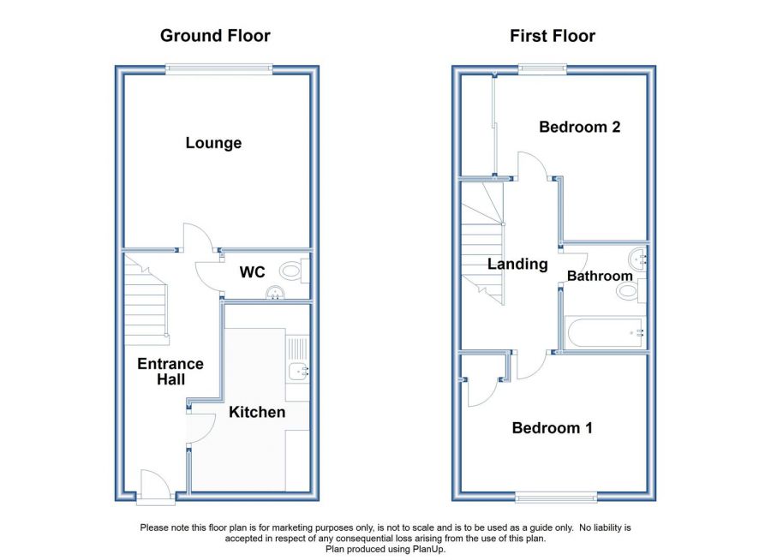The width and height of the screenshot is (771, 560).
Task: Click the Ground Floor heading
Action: point(215,36)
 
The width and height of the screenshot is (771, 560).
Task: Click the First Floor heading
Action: point(553,36)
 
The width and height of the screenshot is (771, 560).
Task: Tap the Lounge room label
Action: point(213,143)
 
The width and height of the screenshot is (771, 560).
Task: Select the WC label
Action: point(252,272)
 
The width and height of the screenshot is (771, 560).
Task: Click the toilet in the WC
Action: point(294,271)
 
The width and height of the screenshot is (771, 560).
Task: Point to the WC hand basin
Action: point(276,293)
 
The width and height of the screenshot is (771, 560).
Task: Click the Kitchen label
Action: point(257,412)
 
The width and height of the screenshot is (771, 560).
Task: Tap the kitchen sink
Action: point(298,372)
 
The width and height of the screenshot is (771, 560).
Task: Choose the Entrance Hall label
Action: point(170,372)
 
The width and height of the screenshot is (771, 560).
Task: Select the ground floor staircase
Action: point(146,300)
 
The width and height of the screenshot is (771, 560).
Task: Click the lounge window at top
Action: point(218,69)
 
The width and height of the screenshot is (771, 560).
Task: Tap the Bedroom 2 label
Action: point(580,127)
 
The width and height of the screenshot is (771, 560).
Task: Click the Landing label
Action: point(517,264)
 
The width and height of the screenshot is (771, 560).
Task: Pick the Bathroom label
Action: point(600,276)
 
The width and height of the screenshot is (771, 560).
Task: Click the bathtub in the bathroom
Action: point(605,332)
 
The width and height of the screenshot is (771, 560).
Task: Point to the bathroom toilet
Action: point(631,290)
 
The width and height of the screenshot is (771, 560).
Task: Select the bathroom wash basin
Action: point(637,259)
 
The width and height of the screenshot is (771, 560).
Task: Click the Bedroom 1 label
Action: point(553,428)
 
